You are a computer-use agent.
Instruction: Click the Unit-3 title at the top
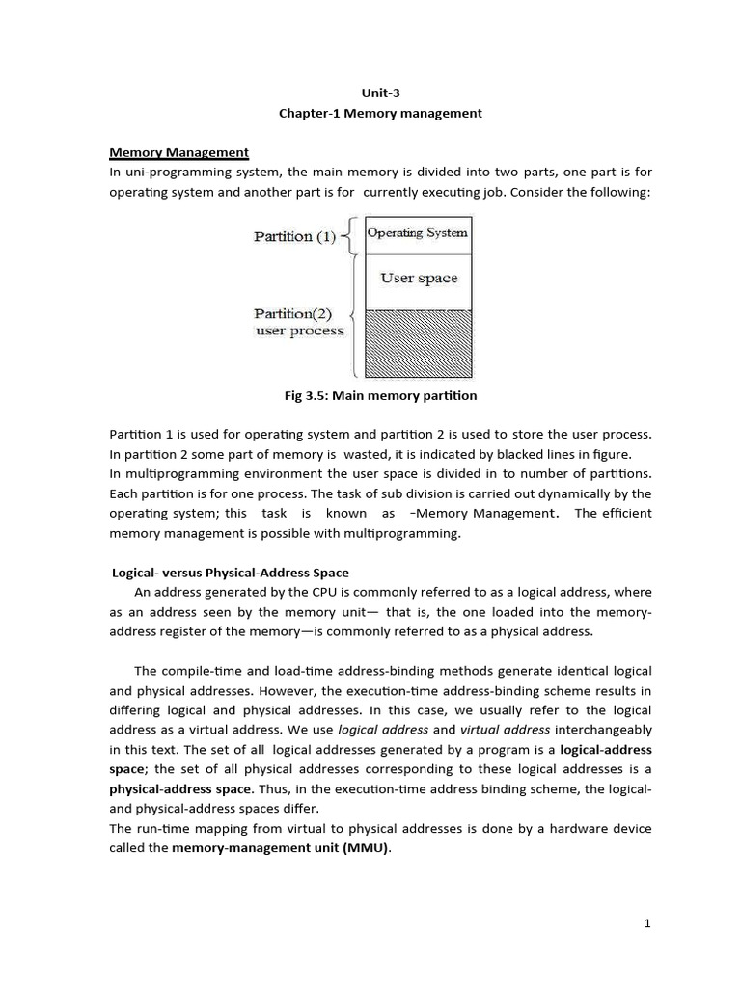[x=378, y=93]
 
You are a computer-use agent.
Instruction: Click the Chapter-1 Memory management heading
[x=379, y=113]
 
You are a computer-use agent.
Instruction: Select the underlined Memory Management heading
[x=178, y=152]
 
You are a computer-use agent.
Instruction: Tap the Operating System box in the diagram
[x=418, y=233]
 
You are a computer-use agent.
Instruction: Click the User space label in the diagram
[x=418, y=279]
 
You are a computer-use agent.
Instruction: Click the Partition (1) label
[x=294, y=236]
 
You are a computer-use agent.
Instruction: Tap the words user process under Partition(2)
[x=298, y=331]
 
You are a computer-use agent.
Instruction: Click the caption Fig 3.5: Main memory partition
[x=377, y=395]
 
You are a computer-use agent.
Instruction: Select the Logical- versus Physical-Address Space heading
[x=231, y=574]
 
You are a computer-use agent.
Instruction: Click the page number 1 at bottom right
[x=648, y=923]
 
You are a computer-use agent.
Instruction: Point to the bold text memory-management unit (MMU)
[x=282, y=848]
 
